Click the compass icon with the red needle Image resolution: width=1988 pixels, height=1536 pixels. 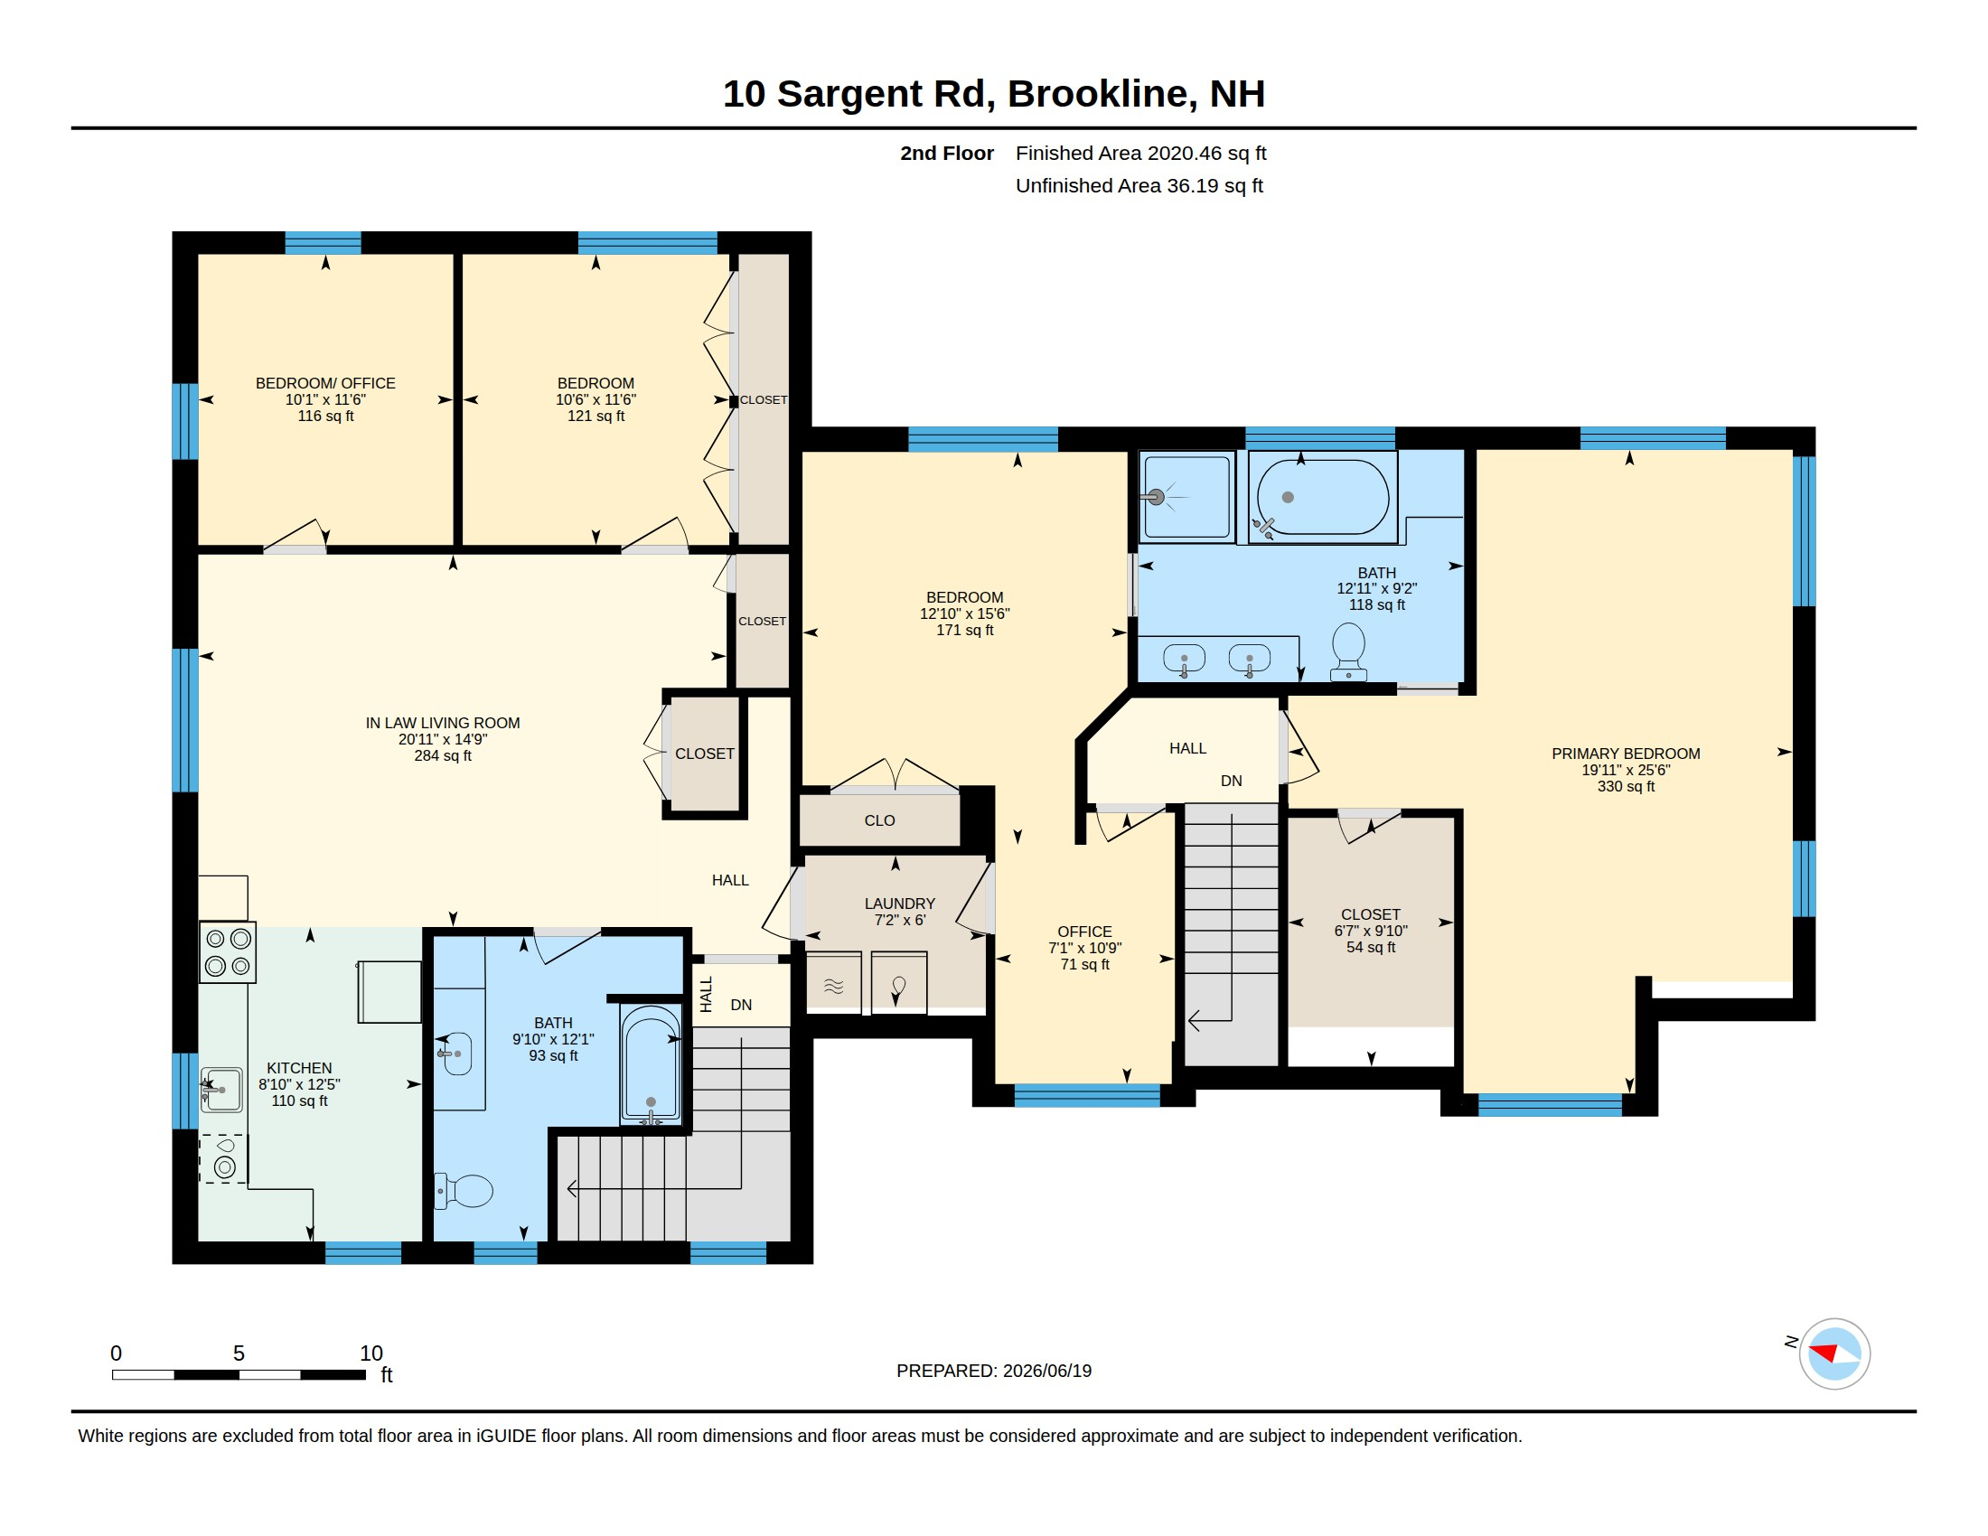click(x=1834, y=1354)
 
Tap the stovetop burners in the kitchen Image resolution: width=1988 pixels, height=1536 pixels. click(x=228, y=952)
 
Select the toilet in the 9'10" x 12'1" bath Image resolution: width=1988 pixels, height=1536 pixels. click(x=465, y=1191)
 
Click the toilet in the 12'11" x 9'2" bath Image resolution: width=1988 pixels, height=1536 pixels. click(x=1349, y=651)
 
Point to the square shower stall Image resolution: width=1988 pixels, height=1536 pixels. click(x=1187, y=497)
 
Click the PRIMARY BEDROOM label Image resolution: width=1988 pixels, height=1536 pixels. click(x=1625, y=753)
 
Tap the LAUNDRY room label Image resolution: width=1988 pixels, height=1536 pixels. click(x=900, y=903)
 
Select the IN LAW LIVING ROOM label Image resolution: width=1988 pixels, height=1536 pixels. click(x=442, y=723)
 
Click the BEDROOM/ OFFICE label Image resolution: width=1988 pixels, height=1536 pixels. click(x=325, y=383)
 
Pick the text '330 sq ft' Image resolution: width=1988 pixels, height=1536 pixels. click(x=1626, y=786)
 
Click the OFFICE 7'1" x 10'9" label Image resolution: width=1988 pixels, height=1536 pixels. click(x=1085, y=947)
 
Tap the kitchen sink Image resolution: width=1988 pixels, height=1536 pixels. click(x=221, y=1090)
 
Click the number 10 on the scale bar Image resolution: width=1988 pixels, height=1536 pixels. click(x=371, y=1353)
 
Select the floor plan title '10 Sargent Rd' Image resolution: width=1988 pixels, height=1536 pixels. click(x=858, y=93)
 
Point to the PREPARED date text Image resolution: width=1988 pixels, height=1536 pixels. click(x=994, y=1371)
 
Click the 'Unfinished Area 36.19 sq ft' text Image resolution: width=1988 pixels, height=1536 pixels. click(x=1139, y=186)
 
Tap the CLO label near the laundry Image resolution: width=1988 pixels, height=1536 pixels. click(x=880, y=820)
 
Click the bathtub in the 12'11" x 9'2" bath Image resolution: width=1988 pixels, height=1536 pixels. click(x=1323, y=497)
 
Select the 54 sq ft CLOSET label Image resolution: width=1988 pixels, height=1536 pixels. click(x=1371, y=930)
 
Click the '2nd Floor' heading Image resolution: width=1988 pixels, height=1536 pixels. click(x=947, y=153)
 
